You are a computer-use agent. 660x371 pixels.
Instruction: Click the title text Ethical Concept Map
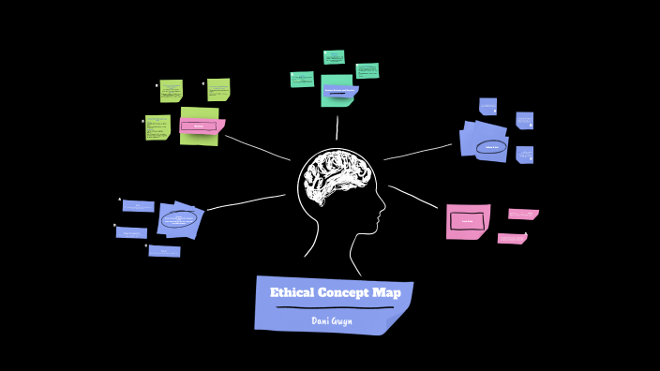(x=335, y=293)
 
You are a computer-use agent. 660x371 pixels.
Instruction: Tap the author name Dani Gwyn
(x=333, y=320)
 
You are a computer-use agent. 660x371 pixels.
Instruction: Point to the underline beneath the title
(x=334, y=307)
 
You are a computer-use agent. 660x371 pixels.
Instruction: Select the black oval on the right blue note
(x=491, y=146)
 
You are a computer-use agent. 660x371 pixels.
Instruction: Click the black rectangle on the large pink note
(x=467, y=221)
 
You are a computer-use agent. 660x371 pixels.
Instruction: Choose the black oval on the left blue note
(x=179, y=219)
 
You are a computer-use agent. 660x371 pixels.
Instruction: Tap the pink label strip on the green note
(x=199, y=126)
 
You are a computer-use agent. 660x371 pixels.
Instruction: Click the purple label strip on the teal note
(x=339, y=92)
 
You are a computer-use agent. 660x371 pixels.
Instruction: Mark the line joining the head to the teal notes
(x=337, y=127)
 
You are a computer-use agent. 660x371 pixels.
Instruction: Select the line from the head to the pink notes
(x=412, y=196)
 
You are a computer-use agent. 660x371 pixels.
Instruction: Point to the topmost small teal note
(x=334, y=57)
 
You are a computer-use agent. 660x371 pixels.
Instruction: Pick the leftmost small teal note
(x=302, y=80)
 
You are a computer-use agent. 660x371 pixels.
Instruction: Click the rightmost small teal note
(x=367, y=70)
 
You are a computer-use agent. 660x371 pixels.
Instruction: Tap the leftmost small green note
(x=157, y=126)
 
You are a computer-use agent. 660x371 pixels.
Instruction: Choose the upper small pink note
(x=523, y=214)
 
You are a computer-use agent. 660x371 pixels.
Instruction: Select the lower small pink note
(x=512, y=238)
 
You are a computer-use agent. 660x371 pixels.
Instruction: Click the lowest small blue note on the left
(x=164, y=250)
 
